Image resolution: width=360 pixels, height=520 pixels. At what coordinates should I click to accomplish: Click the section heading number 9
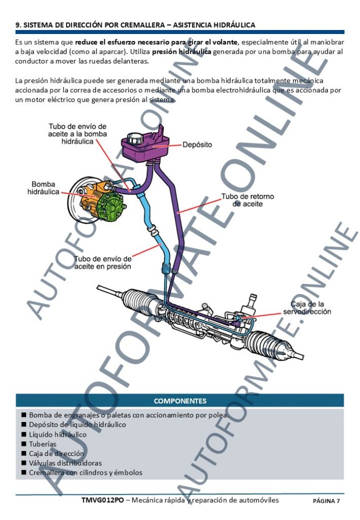(x=18, y=24)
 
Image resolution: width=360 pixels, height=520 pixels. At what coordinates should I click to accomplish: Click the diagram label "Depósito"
(x=197, y=145)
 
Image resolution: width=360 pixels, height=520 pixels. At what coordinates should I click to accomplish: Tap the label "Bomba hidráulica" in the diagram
(x=43, y=188)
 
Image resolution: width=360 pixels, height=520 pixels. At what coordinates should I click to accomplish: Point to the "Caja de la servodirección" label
(x=307, y=308)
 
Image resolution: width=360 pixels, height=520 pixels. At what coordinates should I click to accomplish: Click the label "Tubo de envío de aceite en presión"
(x=103, y=262)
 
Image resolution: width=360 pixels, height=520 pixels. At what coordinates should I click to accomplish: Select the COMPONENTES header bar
(x=180, y=401)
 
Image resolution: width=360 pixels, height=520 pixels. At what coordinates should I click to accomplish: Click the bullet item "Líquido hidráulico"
(x=57, y=435)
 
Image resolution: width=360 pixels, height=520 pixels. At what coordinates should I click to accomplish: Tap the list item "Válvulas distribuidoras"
(x=65, y=463)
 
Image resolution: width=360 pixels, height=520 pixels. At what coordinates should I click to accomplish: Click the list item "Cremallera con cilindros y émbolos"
(x=85, y=473)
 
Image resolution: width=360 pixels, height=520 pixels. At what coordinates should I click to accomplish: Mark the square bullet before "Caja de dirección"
(x=23, y=453)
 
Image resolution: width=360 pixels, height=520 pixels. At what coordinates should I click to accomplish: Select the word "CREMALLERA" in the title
(x=145, y=24)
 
